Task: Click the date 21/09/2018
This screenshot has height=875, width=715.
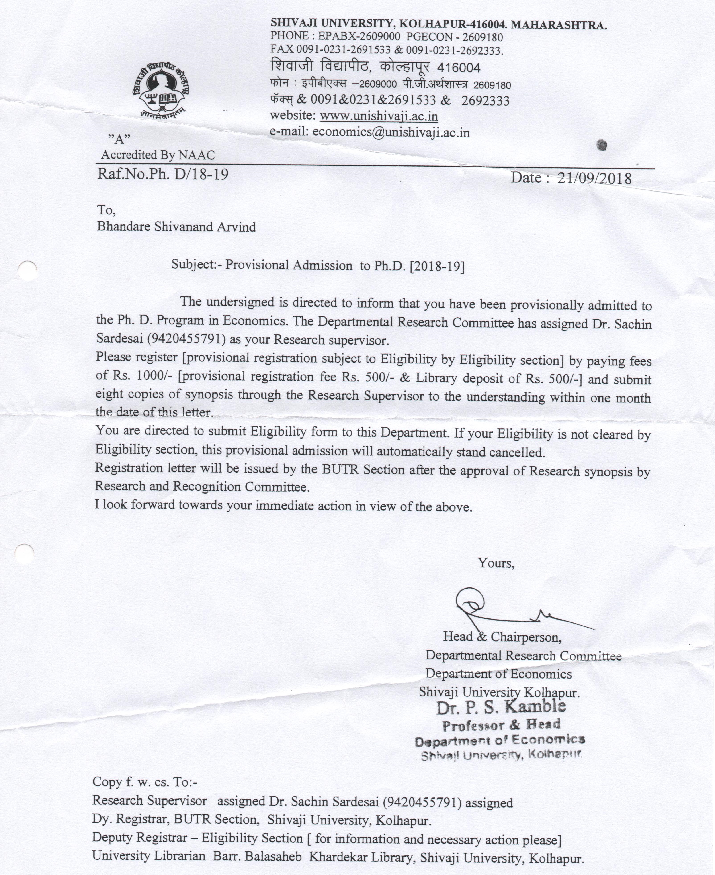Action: (x=594, y=178)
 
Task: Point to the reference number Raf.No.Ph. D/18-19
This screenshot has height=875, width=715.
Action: (x=163, y=174)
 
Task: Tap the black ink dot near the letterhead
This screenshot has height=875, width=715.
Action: (x=602, y=145)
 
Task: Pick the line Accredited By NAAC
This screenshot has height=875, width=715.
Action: (x=158, y=155)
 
